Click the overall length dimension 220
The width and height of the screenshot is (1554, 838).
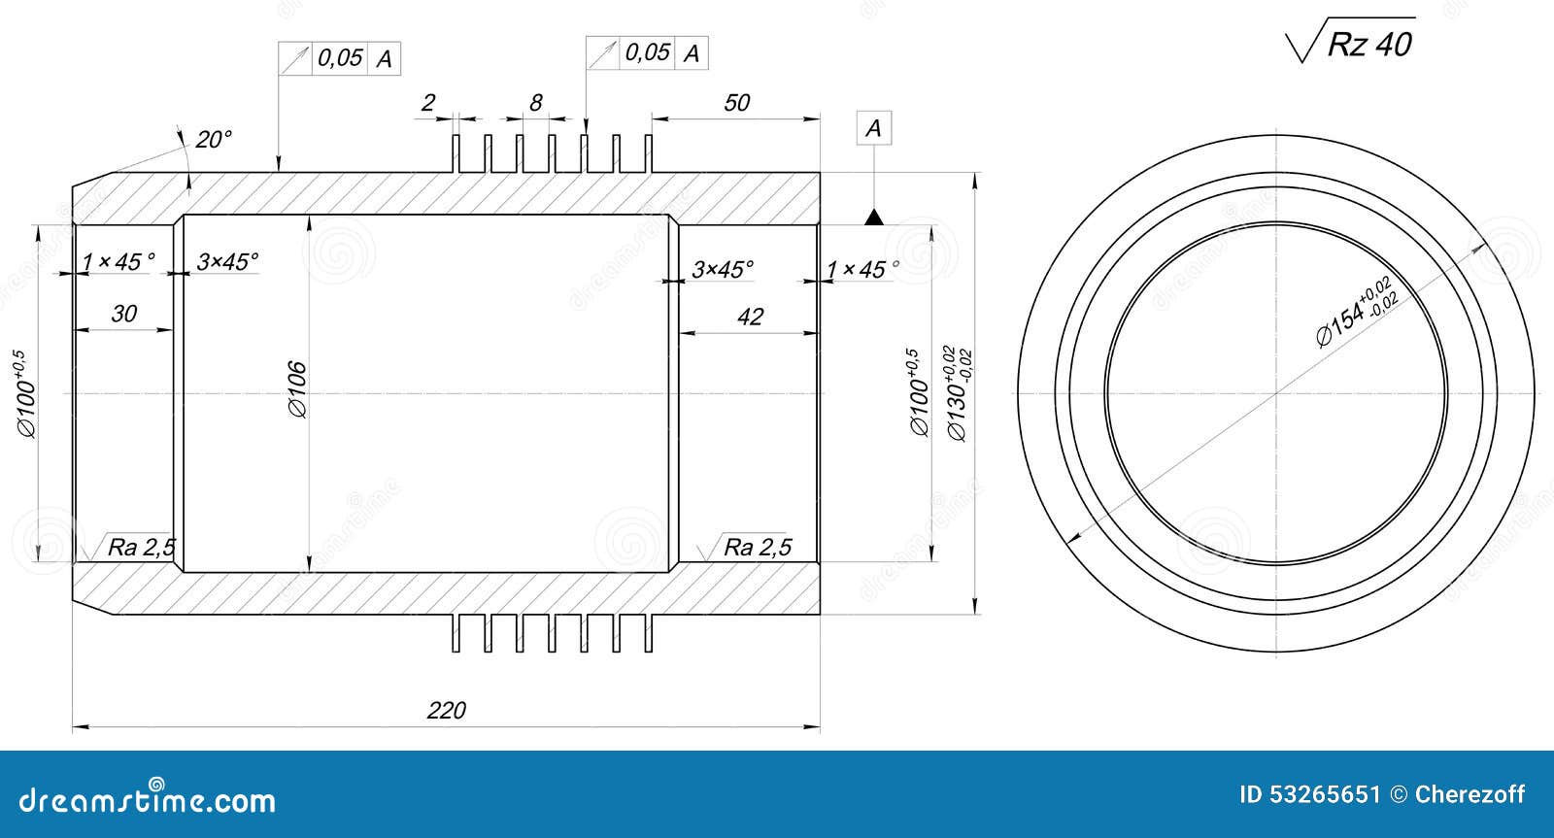pos(447,711)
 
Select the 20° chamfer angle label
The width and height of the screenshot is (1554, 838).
pos(214,140)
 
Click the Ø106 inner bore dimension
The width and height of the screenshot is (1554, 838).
pos(297,389)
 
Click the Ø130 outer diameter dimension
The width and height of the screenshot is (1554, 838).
pos(958,393)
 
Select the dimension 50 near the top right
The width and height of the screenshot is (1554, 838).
pos(737,103)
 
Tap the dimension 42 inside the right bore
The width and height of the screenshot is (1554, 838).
pos(750,317)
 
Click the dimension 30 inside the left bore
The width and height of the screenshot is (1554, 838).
pos(123,314)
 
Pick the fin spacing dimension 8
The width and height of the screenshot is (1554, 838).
pos(535,103)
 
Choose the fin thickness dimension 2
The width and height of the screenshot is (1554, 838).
pos(428,103)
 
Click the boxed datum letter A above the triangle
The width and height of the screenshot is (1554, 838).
pos(873,128)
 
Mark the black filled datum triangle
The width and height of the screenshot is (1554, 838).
pos(874,218)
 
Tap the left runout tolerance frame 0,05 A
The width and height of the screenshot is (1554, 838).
pos(340,59)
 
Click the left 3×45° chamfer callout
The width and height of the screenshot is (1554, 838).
pos(227,262)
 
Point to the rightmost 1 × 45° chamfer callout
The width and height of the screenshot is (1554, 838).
pos(862,270)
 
